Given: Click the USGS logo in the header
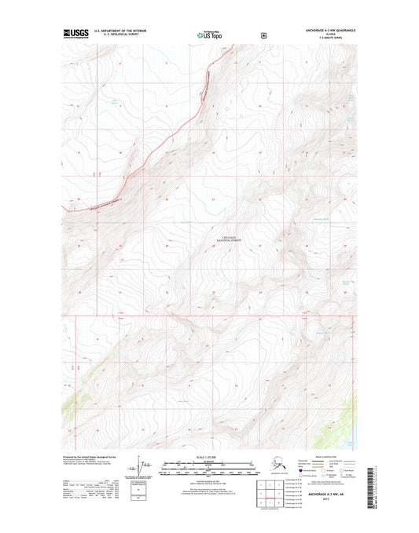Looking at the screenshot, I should (x=75, y=34).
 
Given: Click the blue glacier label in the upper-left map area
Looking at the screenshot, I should (x=116, y=100).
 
